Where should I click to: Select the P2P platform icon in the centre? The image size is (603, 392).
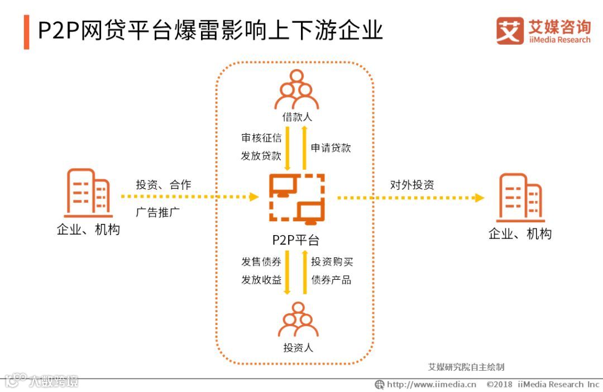point(296,198)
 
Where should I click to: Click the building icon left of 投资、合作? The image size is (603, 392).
point(87,193)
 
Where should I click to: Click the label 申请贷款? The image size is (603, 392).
point(331,148)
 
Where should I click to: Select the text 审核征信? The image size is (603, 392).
point(261,138)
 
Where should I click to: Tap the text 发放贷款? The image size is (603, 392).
point(261,156)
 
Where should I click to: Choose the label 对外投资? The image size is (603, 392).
point(412,185)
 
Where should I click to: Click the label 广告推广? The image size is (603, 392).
point(157,212)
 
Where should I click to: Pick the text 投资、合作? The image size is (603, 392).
point(163,185)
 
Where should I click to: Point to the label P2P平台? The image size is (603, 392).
point(296,240)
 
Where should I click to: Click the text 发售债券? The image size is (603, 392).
point(261,261)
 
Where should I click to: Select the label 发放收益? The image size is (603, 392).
point(261,280)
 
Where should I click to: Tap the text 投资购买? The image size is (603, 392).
point(332,261)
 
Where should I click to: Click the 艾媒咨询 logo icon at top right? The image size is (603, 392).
point(510,31)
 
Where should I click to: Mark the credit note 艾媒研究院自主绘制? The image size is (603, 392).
point(466,367)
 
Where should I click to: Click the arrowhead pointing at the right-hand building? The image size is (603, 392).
point(478,198)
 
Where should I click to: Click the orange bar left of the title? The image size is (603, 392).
point(27,32)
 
